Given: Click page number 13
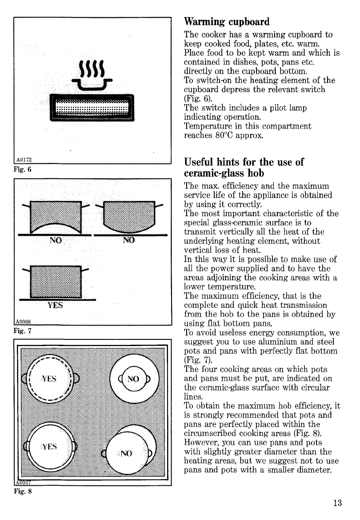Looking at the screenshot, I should pos(337,503).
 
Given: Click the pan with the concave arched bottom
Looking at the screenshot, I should pos(56,218).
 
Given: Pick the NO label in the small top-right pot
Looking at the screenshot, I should pos(133,379).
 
